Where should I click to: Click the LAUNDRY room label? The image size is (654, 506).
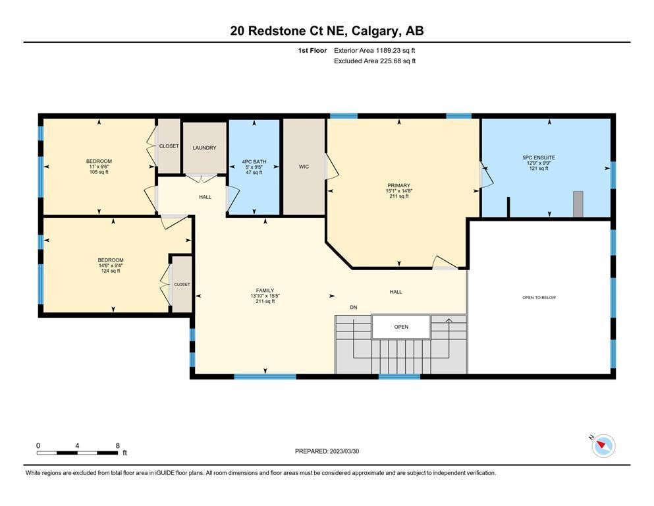click(x=204, y=148)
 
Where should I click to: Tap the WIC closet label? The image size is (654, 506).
click(x=304, y=167)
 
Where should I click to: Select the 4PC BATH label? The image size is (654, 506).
click(x=254, y=161)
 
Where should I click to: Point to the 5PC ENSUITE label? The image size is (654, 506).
click(x=539, y=157)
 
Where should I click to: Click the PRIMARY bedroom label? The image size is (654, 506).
click(x=398, y=185)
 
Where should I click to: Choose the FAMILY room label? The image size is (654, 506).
click(x=265, y=291)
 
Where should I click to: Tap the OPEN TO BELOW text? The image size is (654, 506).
click(x=539, y=297)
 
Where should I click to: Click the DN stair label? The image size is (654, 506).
click(x=354, y=308)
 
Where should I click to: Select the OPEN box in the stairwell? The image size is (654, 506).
click(x=401, y=327)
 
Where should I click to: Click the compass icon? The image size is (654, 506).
click(x=603, y=445)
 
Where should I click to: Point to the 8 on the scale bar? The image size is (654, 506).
click(x=118, y=445)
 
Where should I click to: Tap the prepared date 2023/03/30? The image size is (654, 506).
click(x=344, y=451)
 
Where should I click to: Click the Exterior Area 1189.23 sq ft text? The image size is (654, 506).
click(x=375, y=51)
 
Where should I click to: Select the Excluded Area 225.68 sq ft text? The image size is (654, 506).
click(x=375, y=61)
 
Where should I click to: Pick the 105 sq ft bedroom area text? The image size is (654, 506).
click(x=99, y=172)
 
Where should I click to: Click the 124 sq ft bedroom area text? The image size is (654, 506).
click(x=111, y=271)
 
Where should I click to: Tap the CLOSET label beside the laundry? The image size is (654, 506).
click(x=169, y=146)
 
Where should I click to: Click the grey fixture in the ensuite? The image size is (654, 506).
click(x=578, y=204)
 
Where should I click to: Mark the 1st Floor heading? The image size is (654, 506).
click(x=312, y=51)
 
